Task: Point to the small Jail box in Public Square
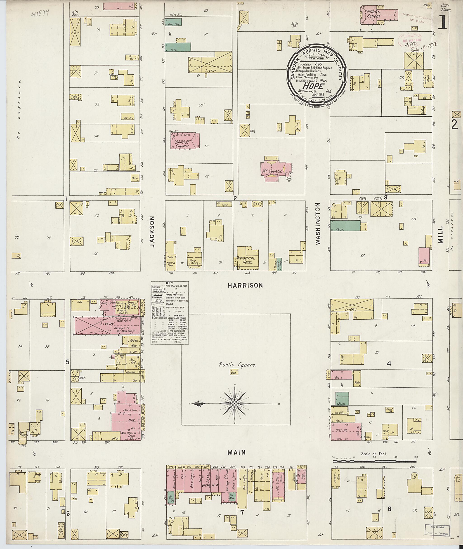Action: click(233, 372)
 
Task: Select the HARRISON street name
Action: click(245, 285)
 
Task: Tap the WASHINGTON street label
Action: click(318, 224)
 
